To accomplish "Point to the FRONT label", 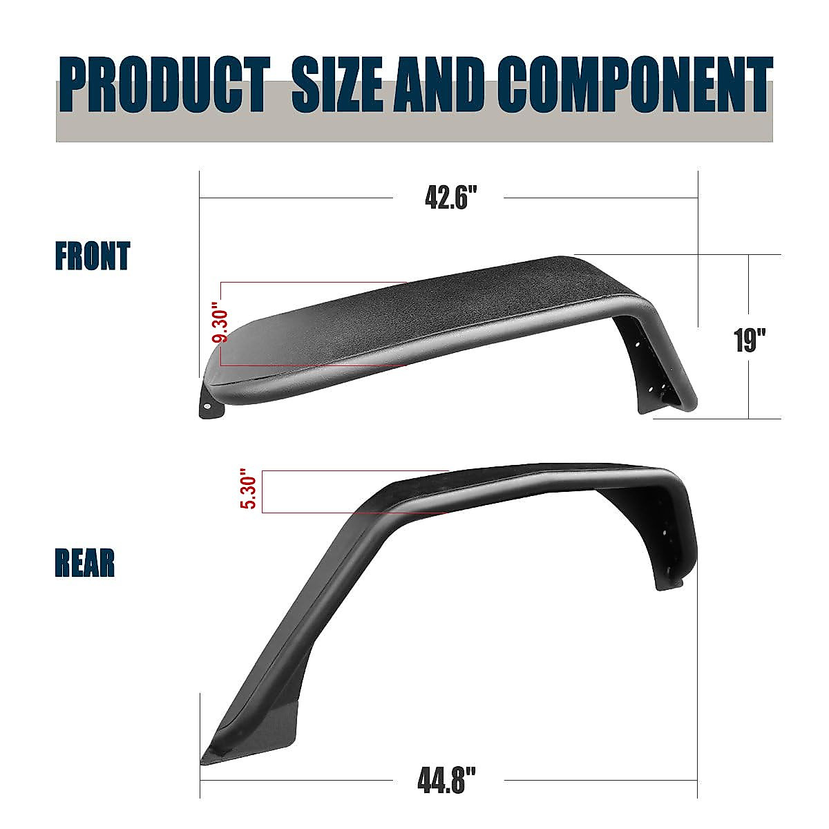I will tap(93, 256).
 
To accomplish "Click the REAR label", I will tap(85, 563).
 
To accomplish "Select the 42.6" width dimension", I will tap(451, 198).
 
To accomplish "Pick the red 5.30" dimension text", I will tap(249, 491).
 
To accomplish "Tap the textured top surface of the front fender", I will tap(414, 311).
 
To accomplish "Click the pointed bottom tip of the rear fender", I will tap(205, 760).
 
